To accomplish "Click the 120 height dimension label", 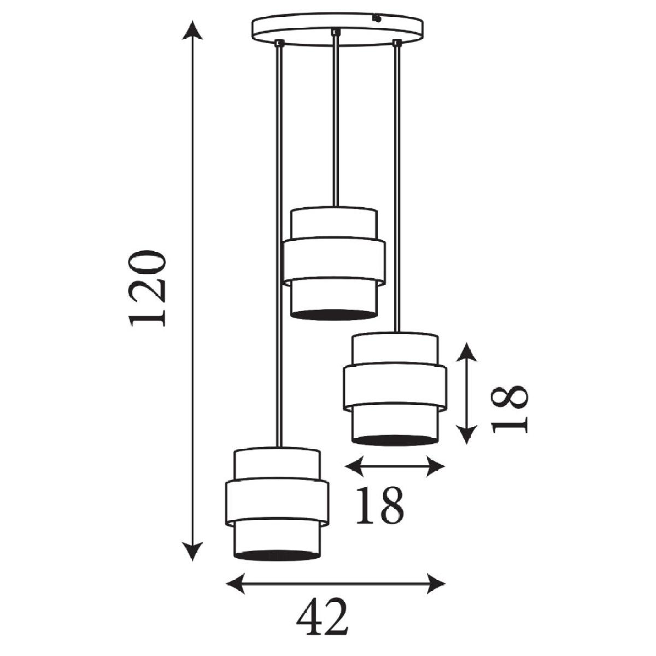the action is click(147, 288).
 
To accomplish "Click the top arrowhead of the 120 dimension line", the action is click(192, 30).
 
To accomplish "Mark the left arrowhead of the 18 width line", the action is click(354, 467).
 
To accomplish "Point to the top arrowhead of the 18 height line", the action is click(466, 352).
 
